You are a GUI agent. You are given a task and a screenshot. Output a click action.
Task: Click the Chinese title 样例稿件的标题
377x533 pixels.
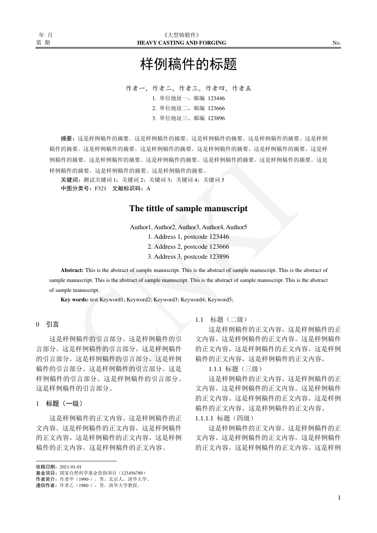[x=188, y=64]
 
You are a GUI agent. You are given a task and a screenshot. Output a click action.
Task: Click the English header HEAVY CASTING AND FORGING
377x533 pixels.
[x=181, y=43]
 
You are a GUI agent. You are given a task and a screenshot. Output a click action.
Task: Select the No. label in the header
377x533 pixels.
[x=337, y=43]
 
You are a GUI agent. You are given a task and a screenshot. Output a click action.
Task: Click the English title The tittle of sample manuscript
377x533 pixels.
[x=188, y=208]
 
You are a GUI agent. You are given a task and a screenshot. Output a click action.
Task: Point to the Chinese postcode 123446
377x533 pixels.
[x=217, y=99]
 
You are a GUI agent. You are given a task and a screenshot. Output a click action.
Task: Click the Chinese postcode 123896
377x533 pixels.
[x=217, y=118]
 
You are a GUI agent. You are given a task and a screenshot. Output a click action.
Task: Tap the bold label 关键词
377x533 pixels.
[x=69, y=180]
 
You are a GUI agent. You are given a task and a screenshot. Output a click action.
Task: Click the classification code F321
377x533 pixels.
[x=101, y=188]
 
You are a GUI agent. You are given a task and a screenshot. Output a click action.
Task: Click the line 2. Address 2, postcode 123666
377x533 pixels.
[x=188, y=247]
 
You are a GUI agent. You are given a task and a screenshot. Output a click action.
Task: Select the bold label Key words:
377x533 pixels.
[x=75, y=299]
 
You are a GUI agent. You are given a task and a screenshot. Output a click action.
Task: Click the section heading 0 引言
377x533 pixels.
[x=47, y=325]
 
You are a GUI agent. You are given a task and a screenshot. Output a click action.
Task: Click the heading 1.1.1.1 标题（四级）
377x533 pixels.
[x=225, y=418]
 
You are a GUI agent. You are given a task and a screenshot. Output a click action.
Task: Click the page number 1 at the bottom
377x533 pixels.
[x=339, y=497]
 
